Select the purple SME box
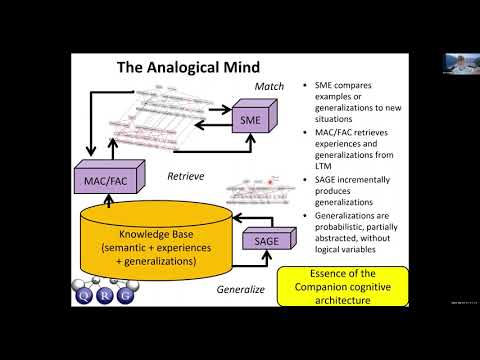point(249,120)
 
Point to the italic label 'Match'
point(269,87)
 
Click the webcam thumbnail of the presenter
point(459,60)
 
